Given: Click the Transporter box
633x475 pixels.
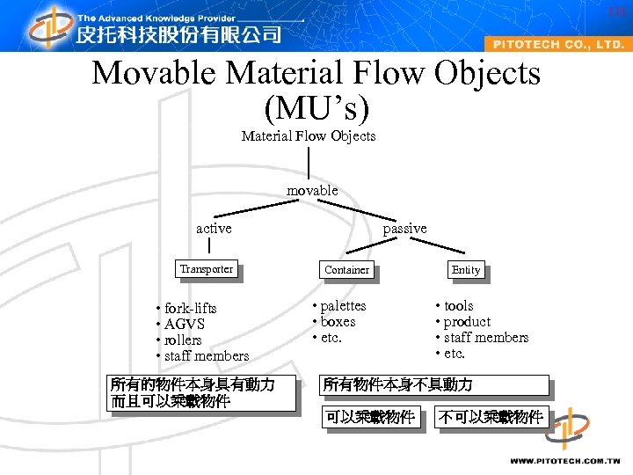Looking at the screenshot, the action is [207, 269].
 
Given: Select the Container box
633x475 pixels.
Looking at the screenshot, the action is [346, 270].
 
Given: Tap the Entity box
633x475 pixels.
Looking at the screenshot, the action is [466, 270].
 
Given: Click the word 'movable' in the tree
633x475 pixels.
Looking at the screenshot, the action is [312, 190].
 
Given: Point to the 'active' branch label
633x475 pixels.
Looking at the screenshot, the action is [214, 228].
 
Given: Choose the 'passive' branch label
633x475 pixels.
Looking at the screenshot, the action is [404, 228].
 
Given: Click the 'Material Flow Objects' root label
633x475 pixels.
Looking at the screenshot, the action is [309, 135].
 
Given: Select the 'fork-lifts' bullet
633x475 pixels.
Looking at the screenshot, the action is [190, 308].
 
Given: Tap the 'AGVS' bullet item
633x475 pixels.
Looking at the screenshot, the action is [184, 324].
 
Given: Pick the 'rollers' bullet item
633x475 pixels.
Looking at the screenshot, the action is [183, 340].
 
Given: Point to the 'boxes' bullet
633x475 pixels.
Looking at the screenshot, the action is [338, 321].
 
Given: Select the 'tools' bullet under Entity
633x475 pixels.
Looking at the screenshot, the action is [458, 305].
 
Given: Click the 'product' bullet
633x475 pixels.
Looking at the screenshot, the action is [467, 321].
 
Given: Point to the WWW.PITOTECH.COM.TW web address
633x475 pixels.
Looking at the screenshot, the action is [565, 460].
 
